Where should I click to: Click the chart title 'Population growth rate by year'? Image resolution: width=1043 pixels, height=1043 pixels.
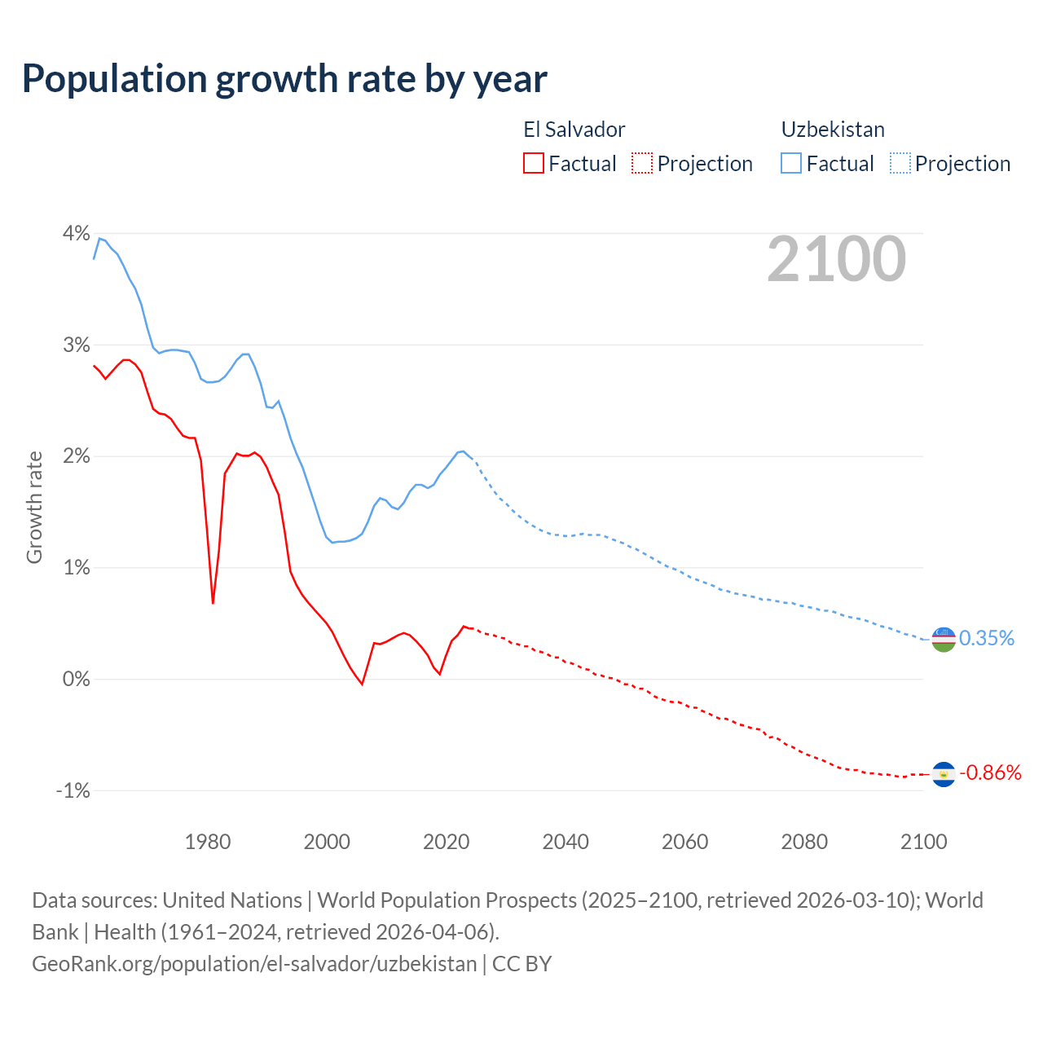tap(284, 78)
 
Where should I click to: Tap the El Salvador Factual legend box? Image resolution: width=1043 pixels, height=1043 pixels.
tap(533, 163)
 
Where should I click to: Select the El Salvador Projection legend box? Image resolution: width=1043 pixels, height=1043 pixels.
tap(642, 163)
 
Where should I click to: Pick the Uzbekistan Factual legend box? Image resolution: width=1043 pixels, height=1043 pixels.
tap(790, 163)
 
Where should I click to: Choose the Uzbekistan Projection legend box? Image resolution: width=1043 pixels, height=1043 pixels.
tap(900, 163)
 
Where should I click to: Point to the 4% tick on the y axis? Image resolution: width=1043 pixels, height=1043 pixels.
tap(76, 234)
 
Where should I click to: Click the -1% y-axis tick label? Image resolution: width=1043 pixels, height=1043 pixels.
tap(73, 790)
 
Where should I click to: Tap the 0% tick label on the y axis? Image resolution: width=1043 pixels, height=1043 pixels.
tap(76, 679)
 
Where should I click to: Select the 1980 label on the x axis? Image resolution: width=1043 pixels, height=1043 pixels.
tap(208, 842)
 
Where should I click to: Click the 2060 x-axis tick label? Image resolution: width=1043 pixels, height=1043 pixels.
tap(684, 842)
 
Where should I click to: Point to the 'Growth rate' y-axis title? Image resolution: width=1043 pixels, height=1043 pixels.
tap(34, 507)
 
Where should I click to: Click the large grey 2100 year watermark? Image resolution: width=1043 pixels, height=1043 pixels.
tap(836, 259)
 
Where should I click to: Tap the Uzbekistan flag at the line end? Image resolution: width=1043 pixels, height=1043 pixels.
tap(943, 639)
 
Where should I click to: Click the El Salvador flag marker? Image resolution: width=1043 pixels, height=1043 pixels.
tap(943, 774)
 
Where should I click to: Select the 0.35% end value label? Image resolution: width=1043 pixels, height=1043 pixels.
tap(986, 638)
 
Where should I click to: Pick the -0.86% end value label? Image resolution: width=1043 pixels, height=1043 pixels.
tap(990, 772)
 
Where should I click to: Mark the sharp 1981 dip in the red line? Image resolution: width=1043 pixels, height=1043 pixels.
tap(213, 603)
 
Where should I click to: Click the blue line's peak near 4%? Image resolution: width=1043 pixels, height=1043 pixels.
tap(99, 238)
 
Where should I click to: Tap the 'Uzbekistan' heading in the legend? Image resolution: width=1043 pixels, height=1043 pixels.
tap(833, 130)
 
